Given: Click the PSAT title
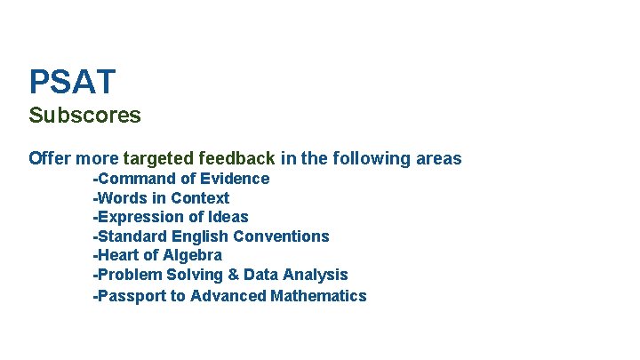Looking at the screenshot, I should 72,83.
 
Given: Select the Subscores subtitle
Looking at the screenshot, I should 84,116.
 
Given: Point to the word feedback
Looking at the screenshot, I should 236,159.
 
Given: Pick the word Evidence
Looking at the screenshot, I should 235,179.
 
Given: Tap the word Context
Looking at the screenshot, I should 200,198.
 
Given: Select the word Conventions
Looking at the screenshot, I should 281,236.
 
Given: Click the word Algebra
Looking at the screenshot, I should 193,255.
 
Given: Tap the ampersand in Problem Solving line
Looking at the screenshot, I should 232,275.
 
